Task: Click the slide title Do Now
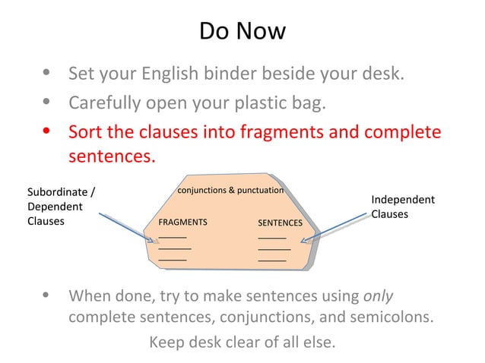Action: click(x=242, y=31)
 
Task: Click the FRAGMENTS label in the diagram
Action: click(x=182, y=223)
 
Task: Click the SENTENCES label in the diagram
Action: click(x=280, y=223)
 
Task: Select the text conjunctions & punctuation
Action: click(x=230, y=190)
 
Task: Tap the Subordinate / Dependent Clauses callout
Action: click(x=61, y=206)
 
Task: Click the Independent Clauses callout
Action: click(x=402, y=207)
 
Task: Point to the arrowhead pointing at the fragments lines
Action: click(x=155, y=241)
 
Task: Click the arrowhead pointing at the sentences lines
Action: click(x=304, y=241)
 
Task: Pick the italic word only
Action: click(x=378, y=295)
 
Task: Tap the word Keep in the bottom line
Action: click(x=166, y=342)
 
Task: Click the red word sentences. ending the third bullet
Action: click(x=112, y=157)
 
